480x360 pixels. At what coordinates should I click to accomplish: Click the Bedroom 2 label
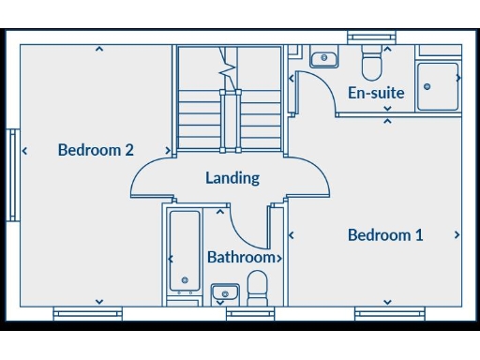[96, 150]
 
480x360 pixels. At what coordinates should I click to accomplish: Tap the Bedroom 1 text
[385, 235]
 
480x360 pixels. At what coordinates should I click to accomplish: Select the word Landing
[232, 178]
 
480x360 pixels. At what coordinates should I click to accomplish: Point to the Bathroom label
[241, 257]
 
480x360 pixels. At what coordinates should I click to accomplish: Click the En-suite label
[376, 93]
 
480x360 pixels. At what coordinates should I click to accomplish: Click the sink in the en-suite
[324, 58]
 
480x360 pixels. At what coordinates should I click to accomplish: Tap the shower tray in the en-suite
[438, 86]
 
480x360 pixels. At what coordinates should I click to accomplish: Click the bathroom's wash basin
[224, 294]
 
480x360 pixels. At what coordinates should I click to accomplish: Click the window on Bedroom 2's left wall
[13, 175]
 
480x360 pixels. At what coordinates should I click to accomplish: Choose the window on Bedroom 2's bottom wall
[87, 313]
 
